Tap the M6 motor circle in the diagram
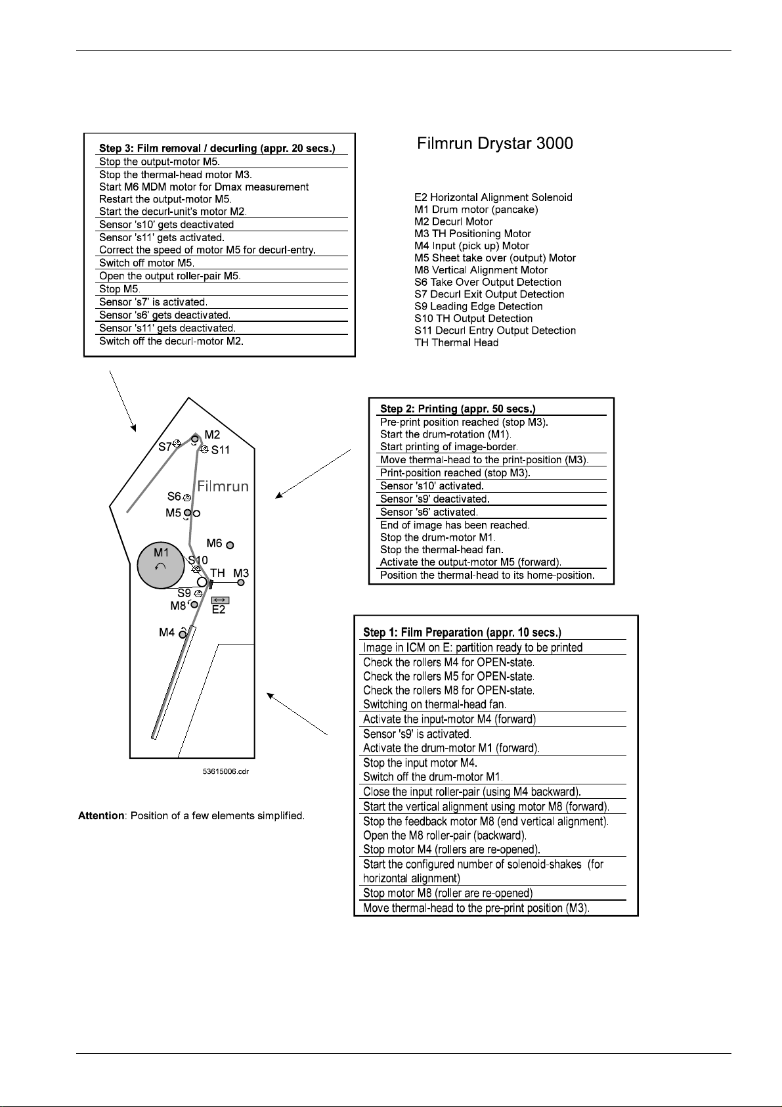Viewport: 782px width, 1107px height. click(x=230, y=545)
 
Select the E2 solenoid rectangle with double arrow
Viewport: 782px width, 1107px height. click(x=220, y=600)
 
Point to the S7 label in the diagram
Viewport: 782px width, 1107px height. click(x=165, y=447)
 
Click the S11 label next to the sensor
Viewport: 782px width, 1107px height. click(x=221, y=451)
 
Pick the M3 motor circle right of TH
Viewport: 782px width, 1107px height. click(x=241, y=582)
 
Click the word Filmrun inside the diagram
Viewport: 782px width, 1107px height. click(x=224, y=486)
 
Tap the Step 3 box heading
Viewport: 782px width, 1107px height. click(x=217, y=148)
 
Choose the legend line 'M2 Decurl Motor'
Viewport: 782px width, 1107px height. click(x=453, y=221)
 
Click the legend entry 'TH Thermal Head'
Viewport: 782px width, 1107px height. click(x=456, y=342)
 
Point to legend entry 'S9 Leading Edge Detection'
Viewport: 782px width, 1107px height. click(x=479, y=306)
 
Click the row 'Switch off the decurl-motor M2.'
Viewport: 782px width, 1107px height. click(x=171, y=341)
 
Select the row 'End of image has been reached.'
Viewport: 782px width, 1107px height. click(x=455, y=525)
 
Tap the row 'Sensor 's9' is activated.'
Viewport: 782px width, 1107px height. click(x=417, y=734)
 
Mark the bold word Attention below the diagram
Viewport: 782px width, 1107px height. click(x=101, y=816)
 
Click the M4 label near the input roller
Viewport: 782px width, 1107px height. click(x=167, y=633)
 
